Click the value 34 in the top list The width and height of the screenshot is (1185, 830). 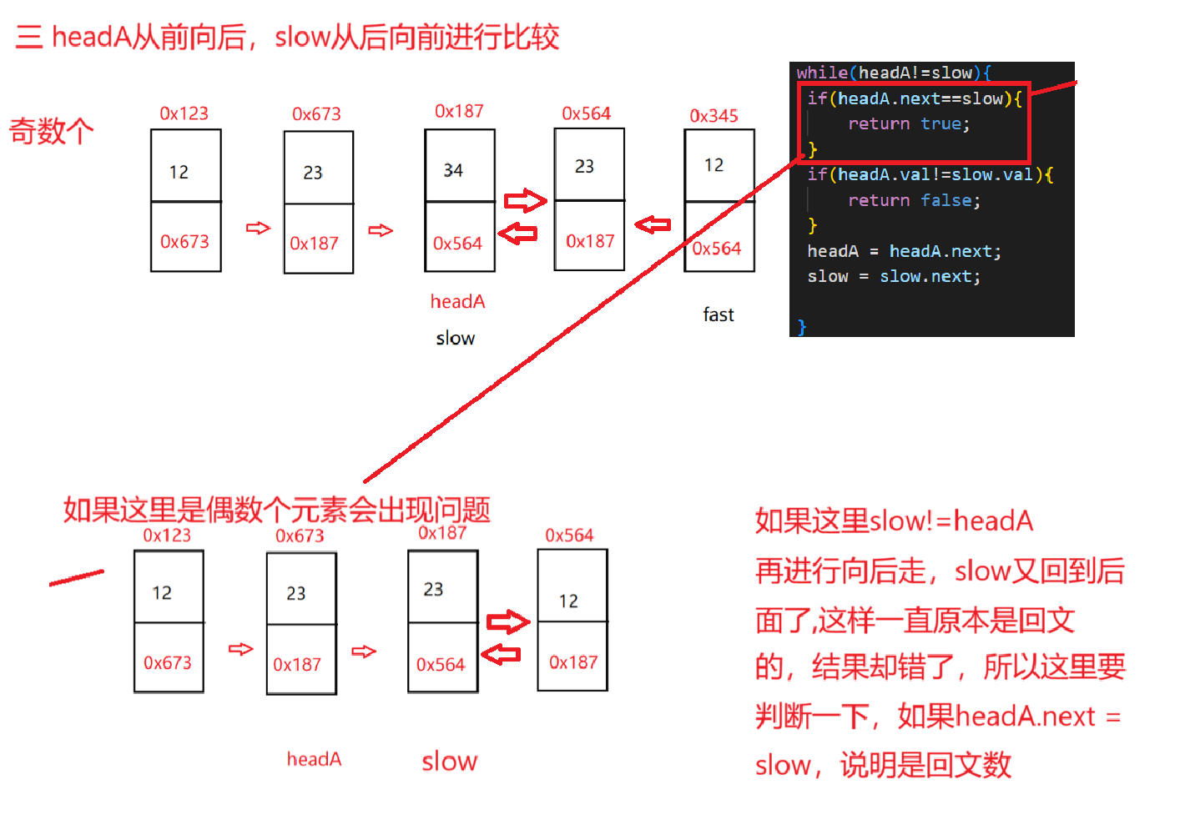click(x=453, y=170)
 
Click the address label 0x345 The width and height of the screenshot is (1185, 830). click(x=714, y=116)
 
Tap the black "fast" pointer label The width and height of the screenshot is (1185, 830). click(x=718, y=314)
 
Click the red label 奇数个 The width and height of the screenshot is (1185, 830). click(x=51, y=132)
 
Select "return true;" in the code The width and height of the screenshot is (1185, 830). click(x=909, y=124)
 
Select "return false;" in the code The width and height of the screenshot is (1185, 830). click(x=914, y=200)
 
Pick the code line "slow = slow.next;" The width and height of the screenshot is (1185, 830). click(x=894, y=276)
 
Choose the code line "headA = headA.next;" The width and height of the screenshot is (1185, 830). click(x=904, y=251)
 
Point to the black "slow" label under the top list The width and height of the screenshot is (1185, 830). click(x=455, y=338)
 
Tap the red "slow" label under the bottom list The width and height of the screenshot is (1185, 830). click(x=449, y=761)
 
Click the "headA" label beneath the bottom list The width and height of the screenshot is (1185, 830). click(x=314, y=759)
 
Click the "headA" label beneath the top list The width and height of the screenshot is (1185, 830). click(x=457, y=301)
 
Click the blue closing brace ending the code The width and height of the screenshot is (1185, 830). click(x=802, y=327)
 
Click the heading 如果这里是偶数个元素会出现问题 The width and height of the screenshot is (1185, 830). click(x=276, y=510)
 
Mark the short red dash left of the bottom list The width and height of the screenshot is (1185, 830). click(x=77, y=577)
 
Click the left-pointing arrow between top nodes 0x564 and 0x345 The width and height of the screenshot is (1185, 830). click(x=653, y=224)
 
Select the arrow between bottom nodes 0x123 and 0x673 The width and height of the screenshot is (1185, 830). click(x=240, y=649)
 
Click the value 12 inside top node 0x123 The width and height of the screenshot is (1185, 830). click(x=179, y=172)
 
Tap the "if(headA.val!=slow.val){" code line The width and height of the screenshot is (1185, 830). click(x=930, y=174)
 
